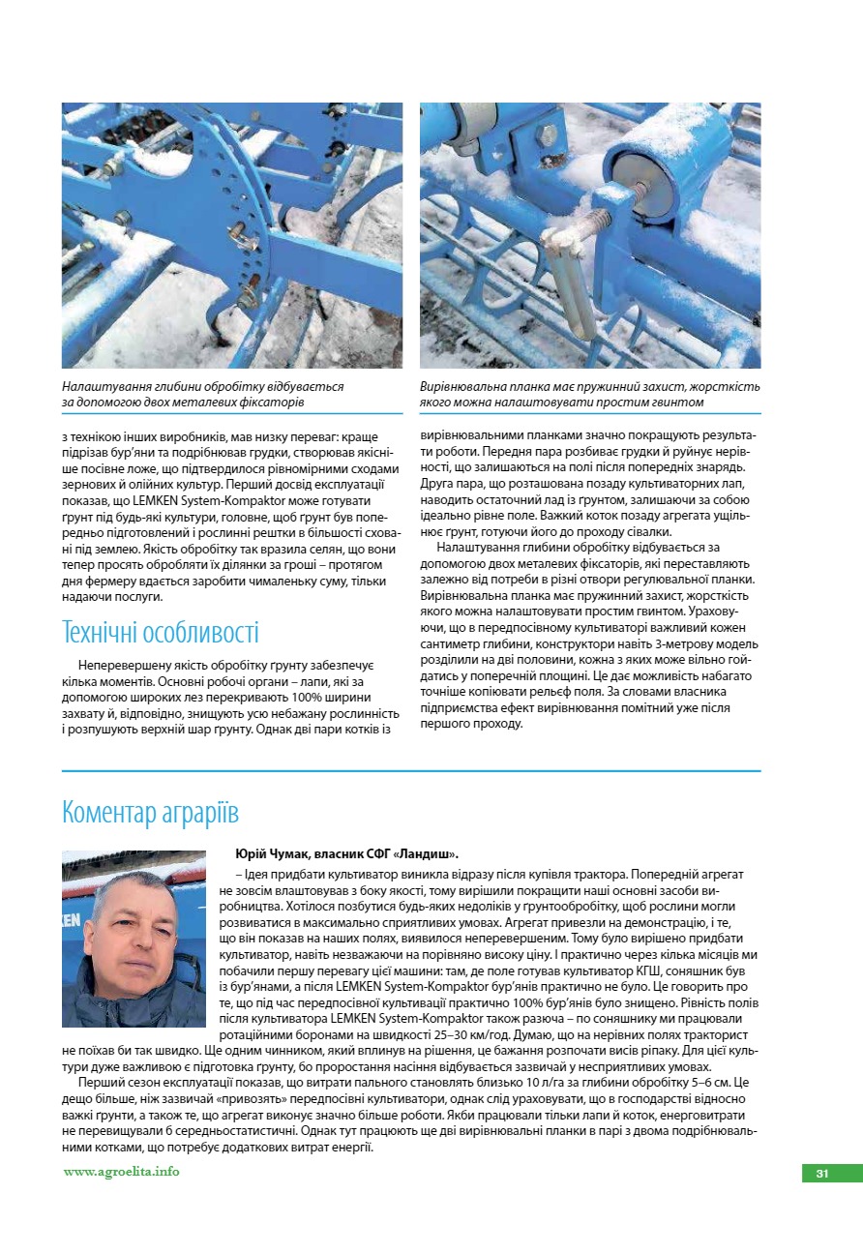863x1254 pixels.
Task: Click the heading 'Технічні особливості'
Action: click(161, 633)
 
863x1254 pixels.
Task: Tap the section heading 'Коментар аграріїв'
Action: click(150, 811)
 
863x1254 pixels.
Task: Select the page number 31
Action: click(821, 1174)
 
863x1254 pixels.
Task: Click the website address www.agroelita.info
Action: click(121, 1172)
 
